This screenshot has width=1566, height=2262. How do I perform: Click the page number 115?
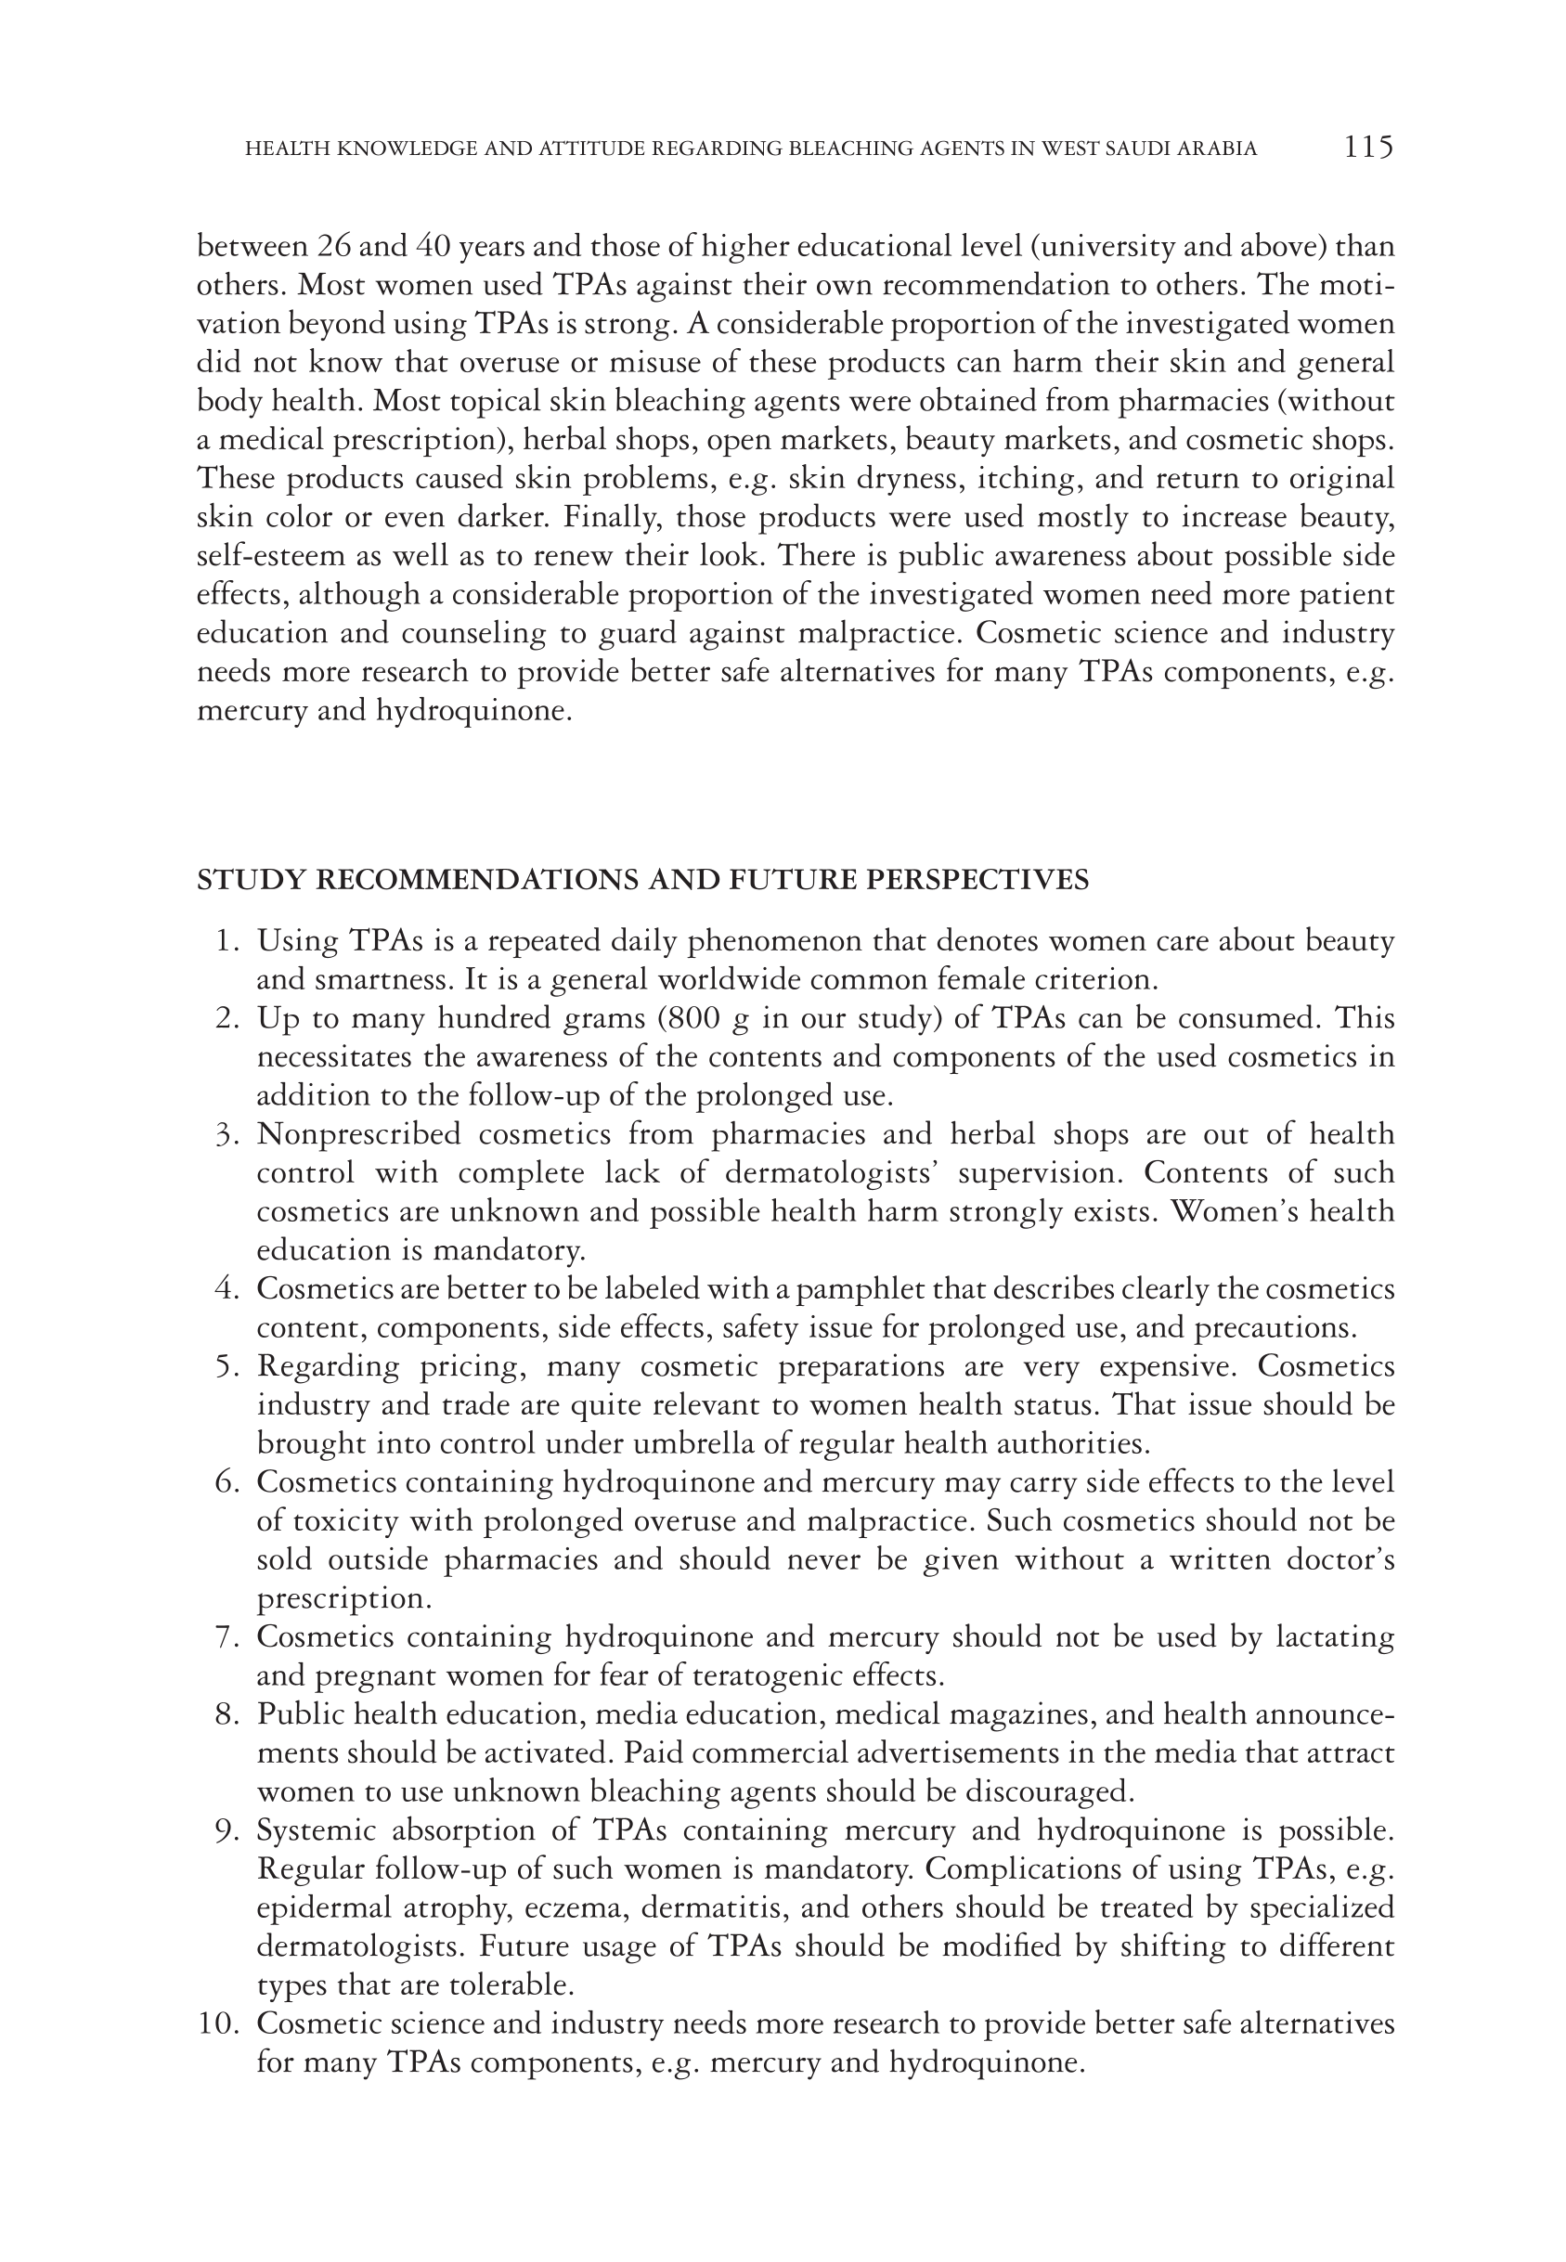tap(1367, 148)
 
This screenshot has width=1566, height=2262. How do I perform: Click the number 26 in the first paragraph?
tap(334, 246)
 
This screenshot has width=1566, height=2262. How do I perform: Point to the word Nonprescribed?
tap(358, 1135)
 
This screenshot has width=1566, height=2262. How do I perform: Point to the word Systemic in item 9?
tap(317, 1831)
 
